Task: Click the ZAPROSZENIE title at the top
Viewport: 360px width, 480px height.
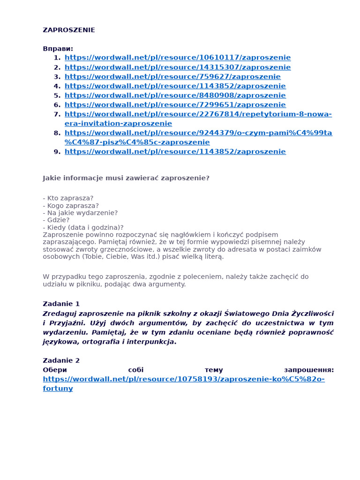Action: point(68,30)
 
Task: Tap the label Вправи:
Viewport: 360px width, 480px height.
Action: point(58,49)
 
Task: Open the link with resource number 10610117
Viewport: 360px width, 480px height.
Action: point(177,58)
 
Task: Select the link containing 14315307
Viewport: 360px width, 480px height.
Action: point(177,67)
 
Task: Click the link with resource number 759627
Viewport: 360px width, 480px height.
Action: point(172,76)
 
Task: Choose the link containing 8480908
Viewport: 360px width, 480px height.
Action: point(175,95)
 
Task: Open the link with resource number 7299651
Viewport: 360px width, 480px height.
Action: point(175,105)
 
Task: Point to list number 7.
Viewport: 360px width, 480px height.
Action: point(57,114)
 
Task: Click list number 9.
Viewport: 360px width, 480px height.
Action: point(57,151)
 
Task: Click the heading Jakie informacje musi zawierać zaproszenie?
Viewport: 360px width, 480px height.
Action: point(126,178)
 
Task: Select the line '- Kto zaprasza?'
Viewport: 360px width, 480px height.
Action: point(68,198)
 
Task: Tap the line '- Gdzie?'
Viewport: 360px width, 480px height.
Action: point(56,220)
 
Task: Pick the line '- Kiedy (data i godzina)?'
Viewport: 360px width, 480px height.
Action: point(83,227)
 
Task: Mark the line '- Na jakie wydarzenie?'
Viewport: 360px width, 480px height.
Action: point(80,213)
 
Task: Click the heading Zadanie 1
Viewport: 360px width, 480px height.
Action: point(61,304)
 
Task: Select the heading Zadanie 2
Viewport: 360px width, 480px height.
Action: point(61,360)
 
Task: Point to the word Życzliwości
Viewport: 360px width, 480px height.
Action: point(312,314)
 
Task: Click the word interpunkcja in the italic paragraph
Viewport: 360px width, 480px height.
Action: point(147,342)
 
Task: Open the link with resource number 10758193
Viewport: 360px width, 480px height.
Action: point(183,379)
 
